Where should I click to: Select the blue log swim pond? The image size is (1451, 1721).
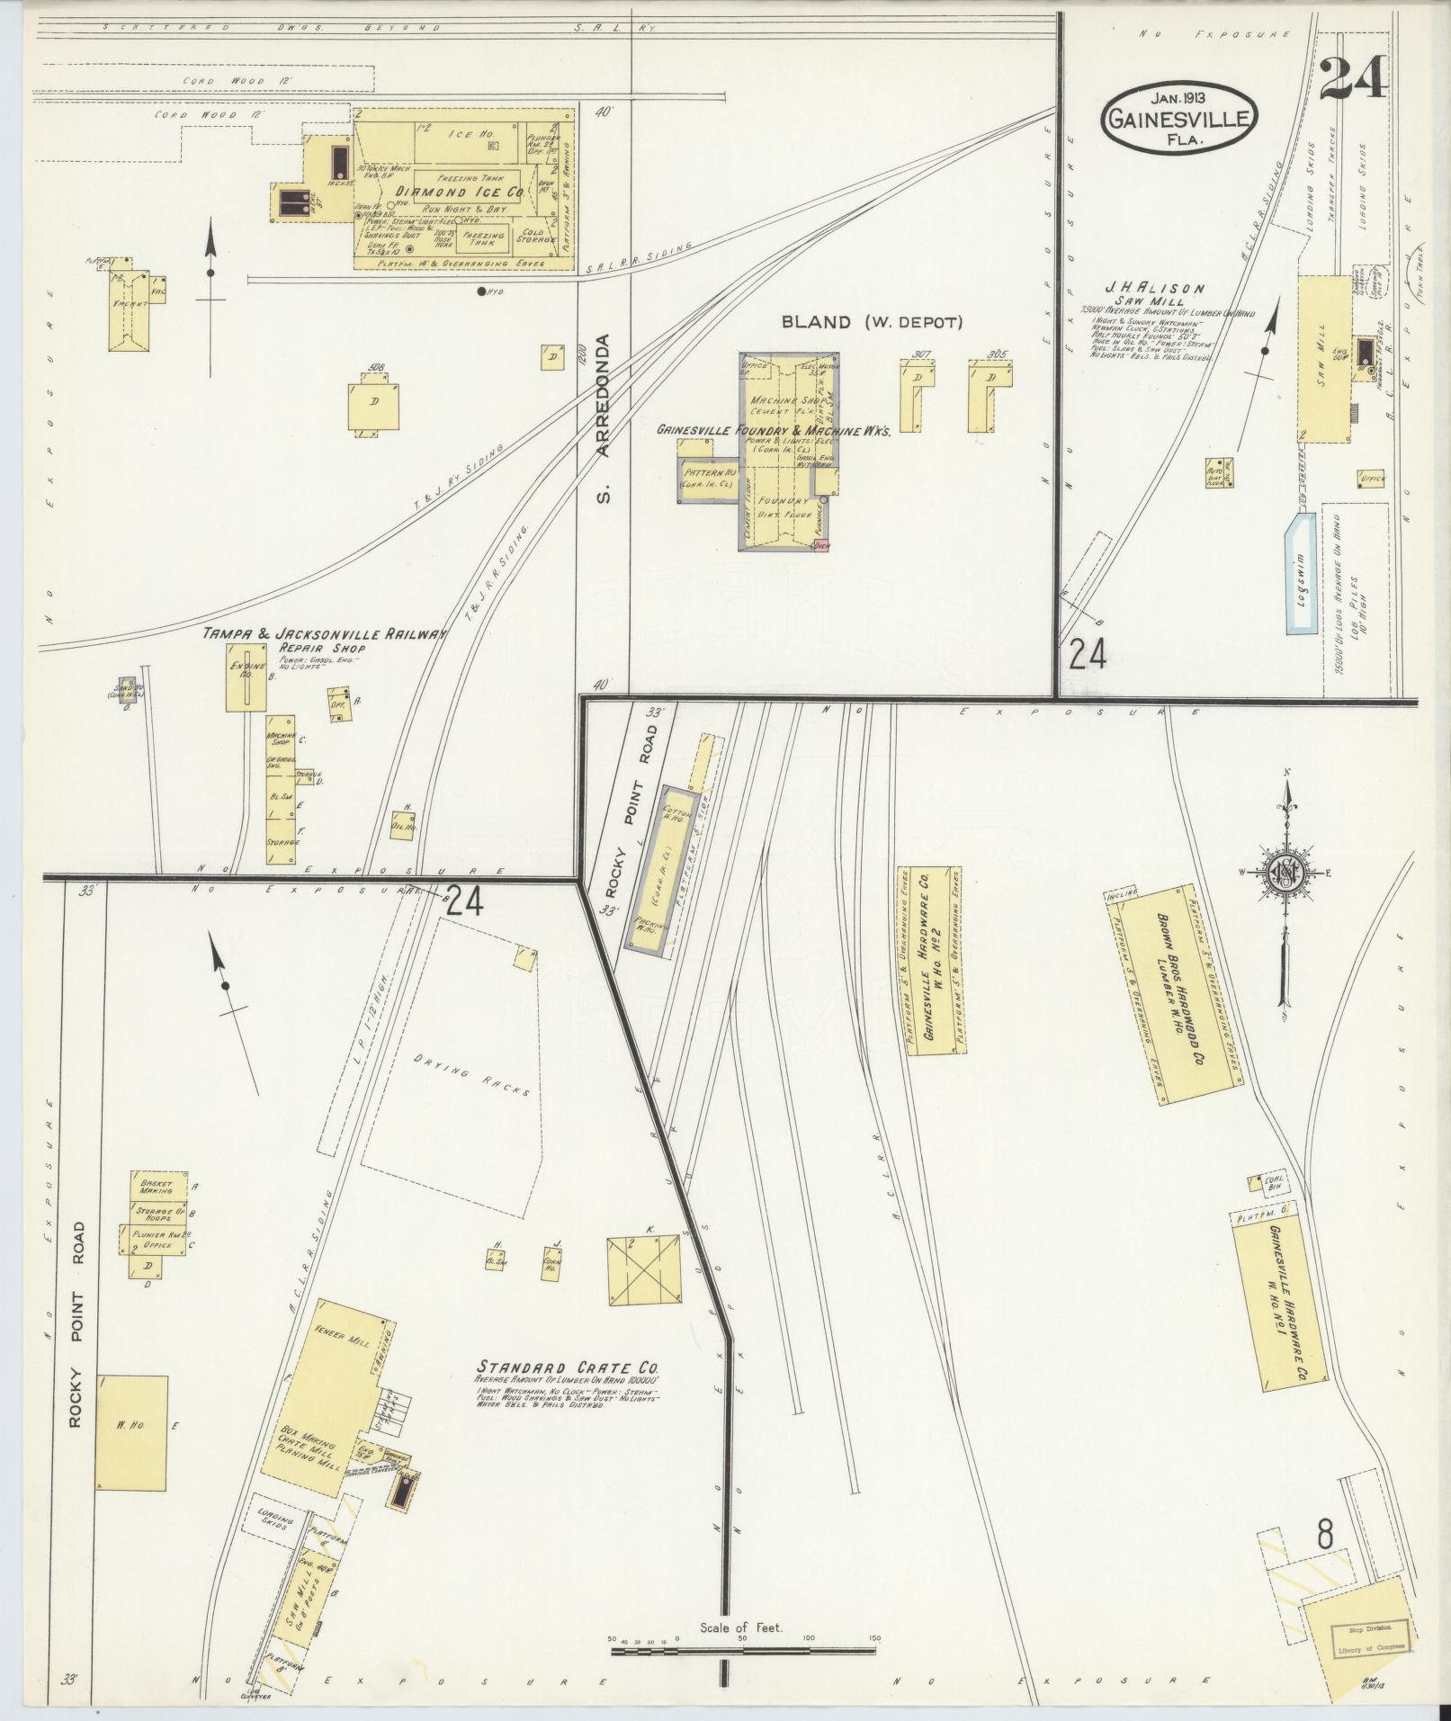pyautogui.click(x=1300, y=573)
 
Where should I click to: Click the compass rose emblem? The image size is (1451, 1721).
pyautogui.click(x=1285, y=873)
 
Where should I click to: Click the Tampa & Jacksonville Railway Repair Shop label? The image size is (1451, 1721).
pyautogui.click(x=324, y=639)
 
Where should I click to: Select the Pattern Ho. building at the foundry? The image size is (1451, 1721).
pyautogui.click(x=709, y=480)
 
